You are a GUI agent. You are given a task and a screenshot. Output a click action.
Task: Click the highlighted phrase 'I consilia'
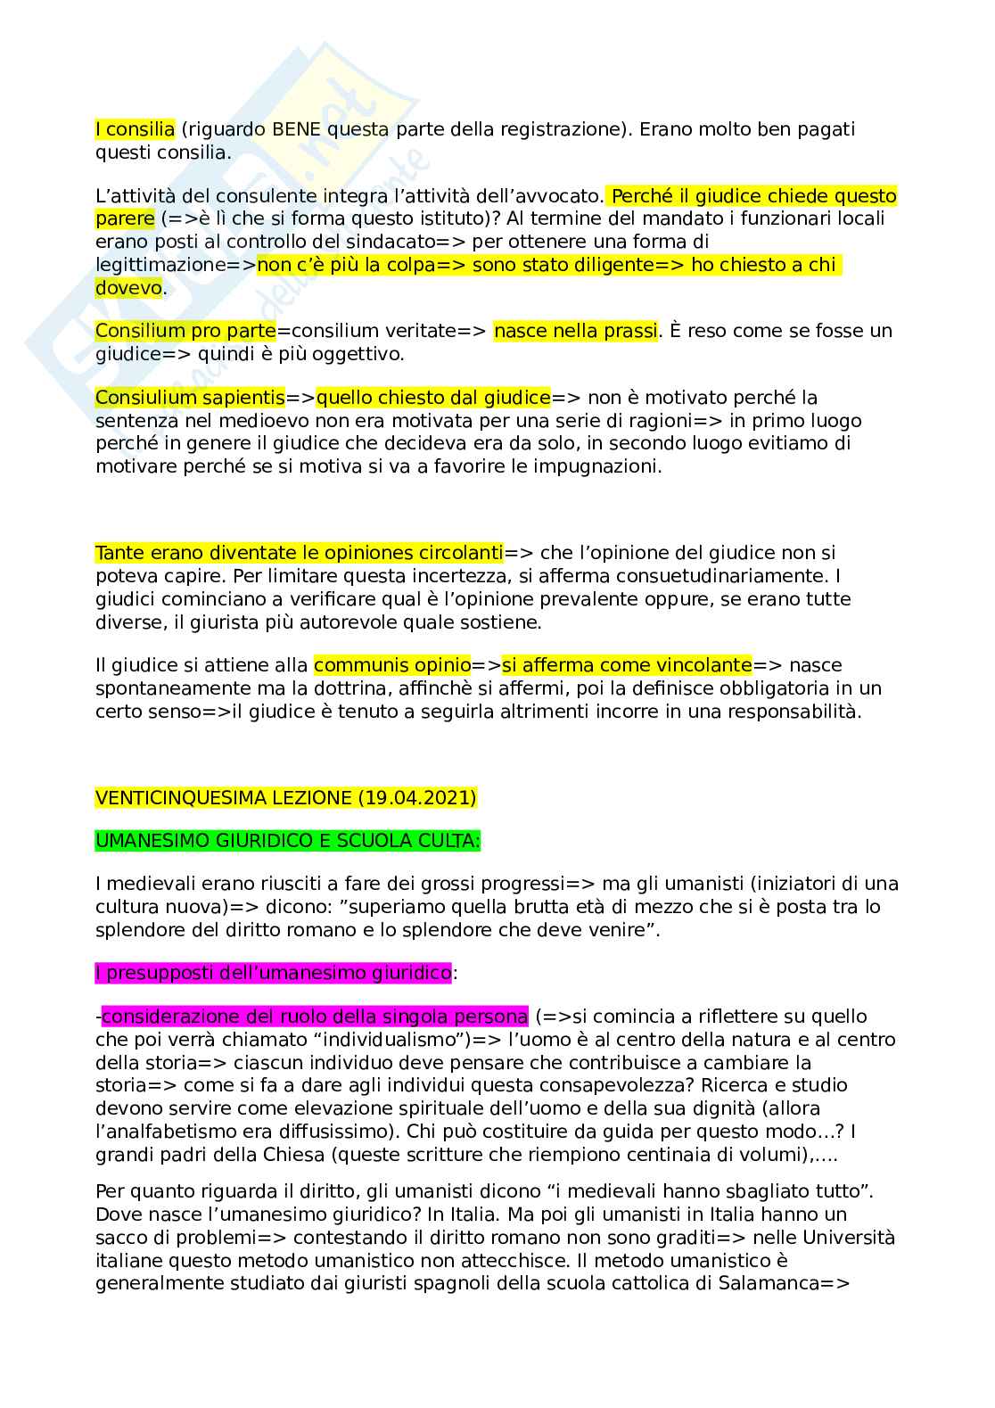point(135,129)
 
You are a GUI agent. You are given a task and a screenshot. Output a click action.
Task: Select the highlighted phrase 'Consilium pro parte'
point(185,331)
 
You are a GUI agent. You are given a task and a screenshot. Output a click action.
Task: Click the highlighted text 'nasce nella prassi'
point(575,331)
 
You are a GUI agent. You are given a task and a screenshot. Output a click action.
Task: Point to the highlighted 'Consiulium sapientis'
point(190,398)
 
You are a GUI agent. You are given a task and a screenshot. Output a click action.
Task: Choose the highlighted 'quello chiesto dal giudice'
point(433,398)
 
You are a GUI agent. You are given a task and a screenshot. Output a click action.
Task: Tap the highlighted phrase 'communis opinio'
point(392,665)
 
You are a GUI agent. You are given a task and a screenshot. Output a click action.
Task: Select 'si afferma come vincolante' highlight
point(627,665)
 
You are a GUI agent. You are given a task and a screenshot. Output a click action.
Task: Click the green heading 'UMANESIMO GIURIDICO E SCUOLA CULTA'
point(287,841)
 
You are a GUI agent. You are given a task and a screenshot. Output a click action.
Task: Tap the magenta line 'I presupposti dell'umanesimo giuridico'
point(273,973)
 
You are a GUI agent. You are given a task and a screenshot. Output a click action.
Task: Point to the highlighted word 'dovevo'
point(128,288)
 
